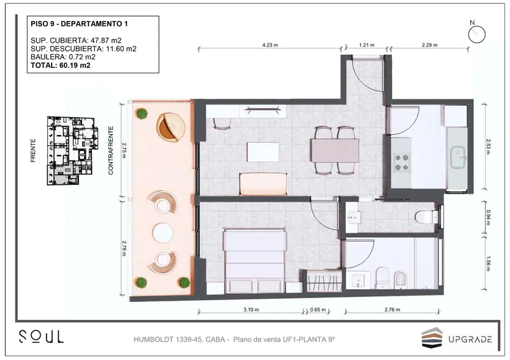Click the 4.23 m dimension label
click(x=270, y=45)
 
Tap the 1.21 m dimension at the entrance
click(x=367, y=45)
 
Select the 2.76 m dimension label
click(x=392, y=309)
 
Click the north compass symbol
click(x=477, y=34)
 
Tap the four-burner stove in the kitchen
click(x=402, y=162)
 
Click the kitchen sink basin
click(x=458, y=157)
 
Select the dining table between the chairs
click(x=335, y=150)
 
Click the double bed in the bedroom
click(x=255, y=261)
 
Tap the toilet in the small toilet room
click(x=426, y=217)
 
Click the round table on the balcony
click(x=163, y=233)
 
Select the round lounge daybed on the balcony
click(x=171, y=127)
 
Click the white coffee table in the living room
click(x=263, y=152)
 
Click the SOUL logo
click(x=41, y=336)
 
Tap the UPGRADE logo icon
click(x=432, y=337)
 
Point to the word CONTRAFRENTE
click(x=111, y=150)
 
